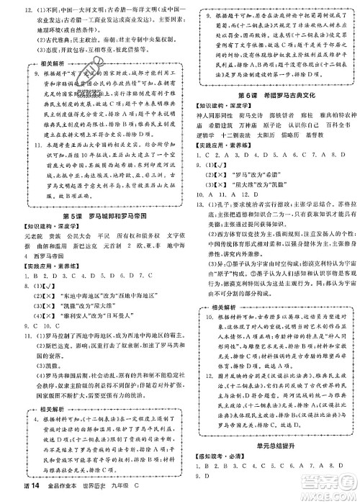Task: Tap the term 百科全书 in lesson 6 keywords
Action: pos(333,124)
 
